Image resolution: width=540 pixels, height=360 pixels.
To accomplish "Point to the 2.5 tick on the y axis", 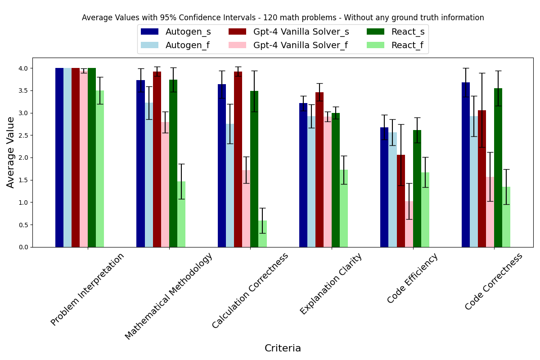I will [x=24, y=135].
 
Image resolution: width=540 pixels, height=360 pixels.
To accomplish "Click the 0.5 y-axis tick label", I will [x=24, y=225].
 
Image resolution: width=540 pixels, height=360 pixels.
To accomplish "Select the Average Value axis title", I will [x=11, y=152].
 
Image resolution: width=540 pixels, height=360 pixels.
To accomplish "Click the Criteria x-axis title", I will [x=283, y=348].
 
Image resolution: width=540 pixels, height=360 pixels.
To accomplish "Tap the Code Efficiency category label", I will [x=412, y=278].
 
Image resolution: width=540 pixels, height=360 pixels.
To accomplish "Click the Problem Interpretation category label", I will [x=87, y=289].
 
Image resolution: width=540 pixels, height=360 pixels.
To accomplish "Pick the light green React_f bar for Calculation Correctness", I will [x=263, y=234].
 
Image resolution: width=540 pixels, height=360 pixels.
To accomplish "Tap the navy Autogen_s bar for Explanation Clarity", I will [x=303, y=175].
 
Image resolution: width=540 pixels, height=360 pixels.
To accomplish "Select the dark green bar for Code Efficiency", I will [x=417, y=189].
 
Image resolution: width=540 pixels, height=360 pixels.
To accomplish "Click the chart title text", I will [x=283, y=18].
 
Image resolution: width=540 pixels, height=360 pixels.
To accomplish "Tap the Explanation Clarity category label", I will [x=331, y=283].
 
